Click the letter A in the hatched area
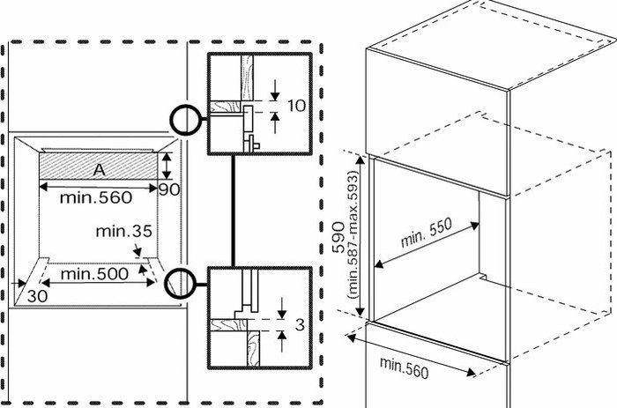[x=100, y=169]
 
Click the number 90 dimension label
[x=169, y=190]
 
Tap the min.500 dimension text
[x=94, y=274]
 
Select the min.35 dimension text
[x=123, y=231]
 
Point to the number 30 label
[x=37, y=296]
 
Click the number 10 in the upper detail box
[x=297, y=106]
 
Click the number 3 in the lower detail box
[x=300, y=325]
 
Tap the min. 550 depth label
[x=426, y=233]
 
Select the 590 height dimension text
[x=338, y=237]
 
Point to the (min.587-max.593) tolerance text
[x=353, y=235]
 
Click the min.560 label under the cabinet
[x=404, y=367]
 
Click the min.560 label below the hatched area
[x=95, y=197]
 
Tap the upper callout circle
[x=185, y=120]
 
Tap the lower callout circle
[x=180, y=284]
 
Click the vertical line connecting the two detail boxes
[x=234, y=211]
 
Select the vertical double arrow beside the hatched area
[x=167, y=167]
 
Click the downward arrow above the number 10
[x=275, y=90]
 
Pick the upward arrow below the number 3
[x=282, y=341]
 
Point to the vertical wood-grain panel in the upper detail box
[x=247, y=78]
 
